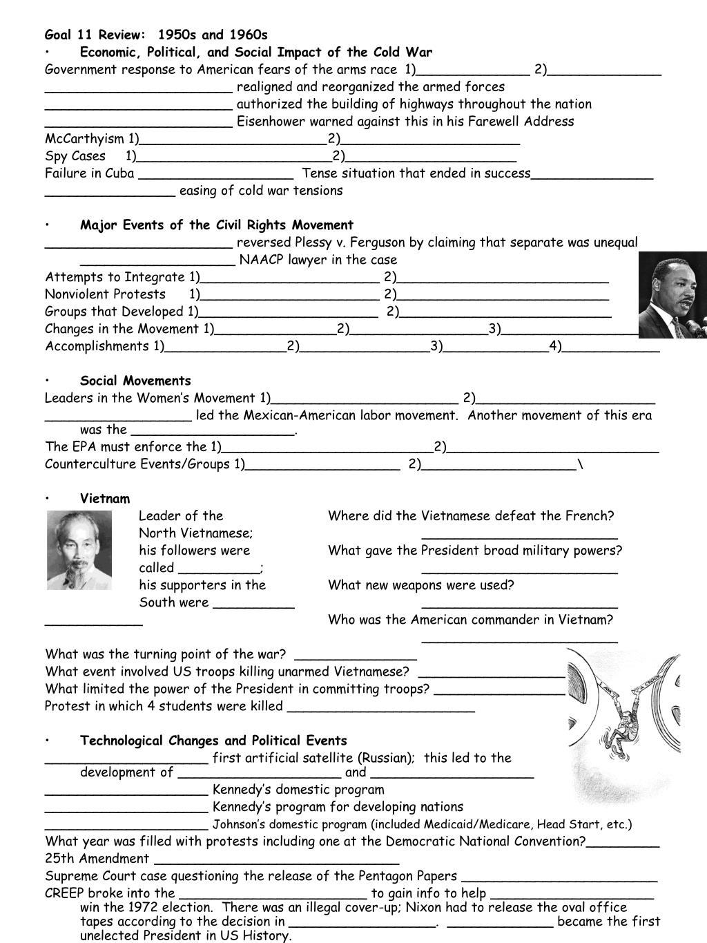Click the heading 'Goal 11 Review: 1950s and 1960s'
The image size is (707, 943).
click(156, 35)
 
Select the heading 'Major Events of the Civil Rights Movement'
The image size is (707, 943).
click(216, 225)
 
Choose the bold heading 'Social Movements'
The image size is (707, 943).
click(135, 381)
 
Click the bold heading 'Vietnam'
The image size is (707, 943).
click(105, 499)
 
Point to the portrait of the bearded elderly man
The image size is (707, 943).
click(79, 550)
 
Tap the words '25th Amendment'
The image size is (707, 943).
click(97, 859)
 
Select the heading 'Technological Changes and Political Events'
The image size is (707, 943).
click(213, 741)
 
